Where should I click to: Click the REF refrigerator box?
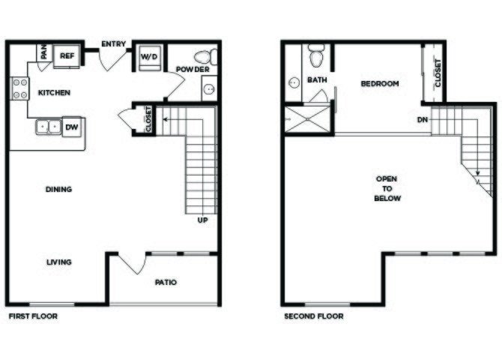[x=67, y=56]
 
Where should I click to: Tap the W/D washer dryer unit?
[x=149, y=58]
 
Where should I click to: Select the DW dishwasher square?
[x=72, y=127]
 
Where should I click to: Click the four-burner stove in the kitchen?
[x=19, y=88]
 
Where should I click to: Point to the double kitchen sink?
[x=49, y=127]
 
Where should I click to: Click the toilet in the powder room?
[x=205, y=57]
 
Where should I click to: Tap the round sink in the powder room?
[x=210, y=88]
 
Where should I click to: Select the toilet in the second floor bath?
[x=315, y=55]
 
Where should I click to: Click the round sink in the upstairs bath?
[x=294, y=82]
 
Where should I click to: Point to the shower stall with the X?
[x=307, y=119]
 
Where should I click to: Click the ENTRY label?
[x=114, y=44]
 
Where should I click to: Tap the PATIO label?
[x=166, y=283]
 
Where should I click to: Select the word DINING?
[x=59, y=189]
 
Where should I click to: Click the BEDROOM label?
[x=380, y=84]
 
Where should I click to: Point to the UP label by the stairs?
[x=202, y=220]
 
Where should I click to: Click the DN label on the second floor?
[x=423, y=120]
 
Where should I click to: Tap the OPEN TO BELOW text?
[x=387, y=188]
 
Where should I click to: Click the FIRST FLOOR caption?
[x=33, y=316]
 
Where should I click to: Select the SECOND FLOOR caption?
[x=314, y=316]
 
